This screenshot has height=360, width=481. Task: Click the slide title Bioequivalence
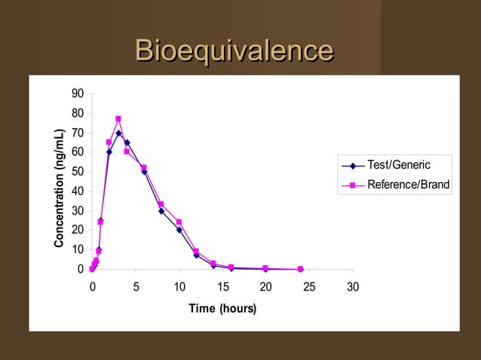(234, 52)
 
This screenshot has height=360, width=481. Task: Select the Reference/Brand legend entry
(407, 185)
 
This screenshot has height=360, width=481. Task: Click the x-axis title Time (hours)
(222, 309)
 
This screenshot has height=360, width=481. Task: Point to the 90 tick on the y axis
(78, 94)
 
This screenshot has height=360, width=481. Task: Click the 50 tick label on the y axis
(78, 172)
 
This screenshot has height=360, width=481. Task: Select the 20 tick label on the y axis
(78, 230)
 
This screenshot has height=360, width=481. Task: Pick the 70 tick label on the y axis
(78, 133)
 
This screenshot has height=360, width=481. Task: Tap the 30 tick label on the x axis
(353, 287)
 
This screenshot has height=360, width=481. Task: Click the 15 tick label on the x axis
(222, 287)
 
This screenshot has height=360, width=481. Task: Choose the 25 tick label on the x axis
(309, 287)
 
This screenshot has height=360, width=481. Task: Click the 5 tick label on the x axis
(136, 287)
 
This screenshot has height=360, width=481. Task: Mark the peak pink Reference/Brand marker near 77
(118, 119)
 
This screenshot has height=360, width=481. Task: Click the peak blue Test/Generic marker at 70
(118, 133)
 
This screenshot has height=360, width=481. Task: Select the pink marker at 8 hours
(161, 204)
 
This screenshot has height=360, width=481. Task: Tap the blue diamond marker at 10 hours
(179, 230)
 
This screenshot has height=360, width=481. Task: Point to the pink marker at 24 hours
(301, 269)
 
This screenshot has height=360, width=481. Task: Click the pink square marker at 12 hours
(196, 252)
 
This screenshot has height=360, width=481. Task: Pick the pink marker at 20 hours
(265, 268)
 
